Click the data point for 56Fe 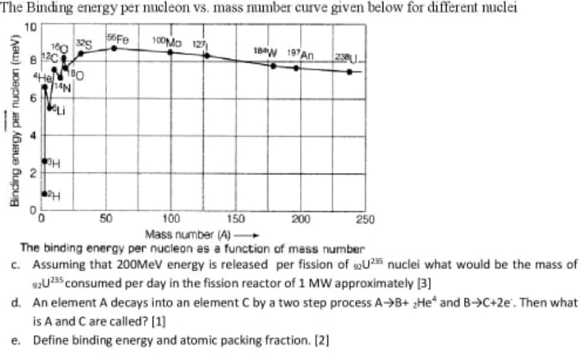pos(114,48)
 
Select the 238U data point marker pos(349,71)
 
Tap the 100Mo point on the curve pos(170,51)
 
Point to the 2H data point pos(45,194)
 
